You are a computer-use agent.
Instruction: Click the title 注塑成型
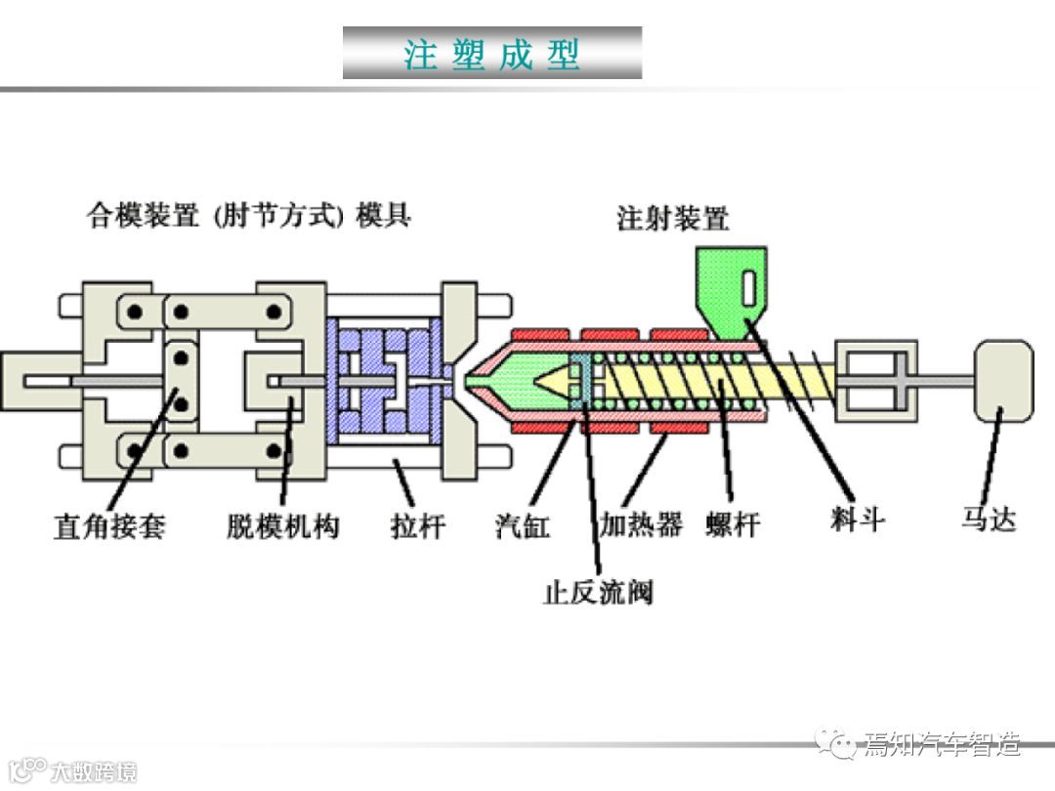click(x=492, y=54)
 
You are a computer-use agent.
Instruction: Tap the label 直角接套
click(x=109, y=526)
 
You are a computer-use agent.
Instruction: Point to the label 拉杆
click(x=418, y=526)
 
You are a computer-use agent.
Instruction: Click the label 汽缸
click(x=523, y=526)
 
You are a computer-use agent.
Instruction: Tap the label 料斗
click(x=858, y=519)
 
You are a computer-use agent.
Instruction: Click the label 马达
click(x=988, y=518)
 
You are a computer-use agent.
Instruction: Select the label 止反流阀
click(x=598, y=592)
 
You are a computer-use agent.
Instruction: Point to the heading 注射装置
click(x=673, y=218)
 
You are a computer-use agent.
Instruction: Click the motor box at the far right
click(x=1004, y=381)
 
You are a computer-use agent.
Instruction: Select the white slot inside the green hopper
click(x=749, y=289)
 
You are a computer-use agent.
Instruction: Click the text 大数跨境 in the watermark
click(x=94, y=771)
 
